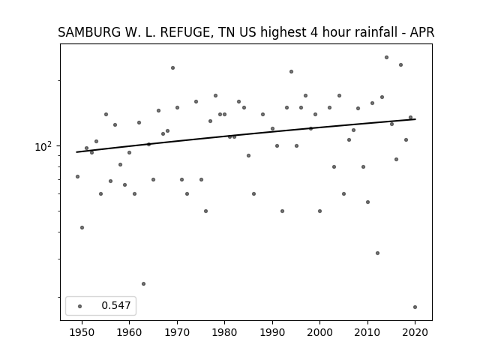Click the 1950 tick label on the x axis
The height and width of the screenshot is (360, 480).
click(82, 332)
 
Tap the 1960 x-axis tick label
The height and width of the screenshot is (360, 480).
click(129, 332)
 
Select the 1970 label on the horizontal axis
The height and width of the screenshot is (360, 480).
click(177, 332)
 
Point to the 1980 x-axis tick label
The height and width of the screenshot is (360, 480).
click(224, 332)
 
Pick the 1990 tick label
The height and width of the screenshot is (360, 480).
click(272, 332)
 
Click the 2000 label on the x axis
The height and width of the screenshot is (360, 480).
click(319, 332)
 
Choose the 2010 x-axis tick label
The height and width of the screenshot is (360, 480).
click(367, 332)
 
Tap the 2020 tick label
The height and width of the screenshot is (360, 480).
click(415, 332)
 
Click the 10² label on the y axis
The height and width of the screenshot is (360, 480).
click(43, 147)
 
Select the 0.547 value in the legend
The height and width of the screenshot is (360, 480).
click(116, 305)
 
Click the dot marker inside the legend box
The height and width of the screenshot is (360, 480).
click(79, 306)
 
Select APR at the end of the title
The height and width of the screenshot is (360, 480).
click(422, 32)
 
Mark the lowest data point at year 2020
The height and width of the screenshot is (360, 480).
click(415, 307)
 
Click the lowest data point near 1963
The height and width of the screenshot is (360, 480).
click(143, 283)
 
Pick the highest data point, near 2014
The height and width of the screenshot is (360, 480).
click(387, 57)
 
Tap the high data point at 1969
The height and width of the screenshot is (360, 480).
click(172, 67)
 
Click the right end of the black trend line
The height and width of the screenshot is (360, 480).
click(415, 119)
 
